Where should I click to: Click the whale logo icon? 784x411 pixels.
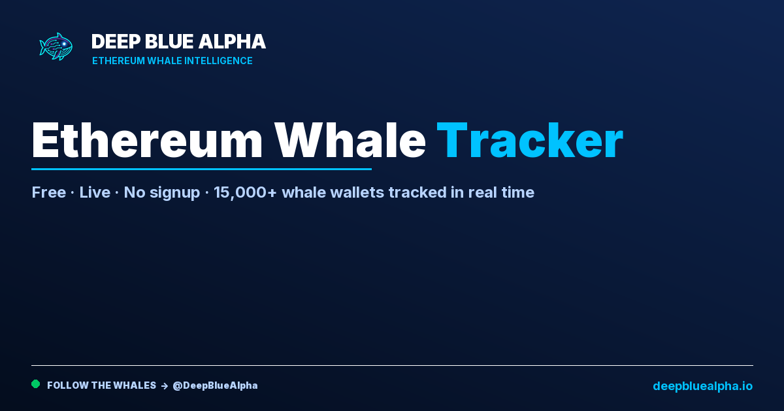tap(56, 46)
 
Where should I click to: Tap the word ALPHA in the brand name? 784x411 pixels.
tap(232, 41)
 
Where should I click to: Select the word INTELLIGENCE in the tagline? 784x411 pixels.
tap(218, 61)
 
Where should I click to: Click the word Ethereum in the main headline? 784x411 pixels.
tap(147, 140)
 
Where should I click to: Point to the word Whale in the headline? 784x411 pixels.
tap(350, 140)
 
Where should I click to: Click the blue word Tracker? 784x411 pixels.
tap(530, 140)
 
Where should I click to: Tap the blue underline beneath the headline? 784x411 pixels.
tap(202, 169)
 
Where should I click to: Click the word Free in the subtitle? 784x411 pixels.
tap(49, 192)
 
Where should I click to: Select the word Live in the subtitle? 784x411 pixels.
tap(95, 192)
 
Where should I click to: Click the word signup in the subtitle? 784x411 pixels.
tap(174, 193)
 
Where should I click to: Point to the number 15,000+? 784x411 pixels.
tap(245, 192)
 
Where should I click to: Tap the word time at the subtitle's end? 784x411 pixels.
tap(518, 192)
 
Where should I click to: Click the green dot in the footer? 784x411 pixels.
tap(36, 384)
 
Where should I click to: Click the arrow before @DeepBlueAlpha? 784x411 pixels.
tap(165, 386)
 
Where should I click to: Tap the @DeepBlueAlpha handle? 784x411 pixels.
tap(215, 385)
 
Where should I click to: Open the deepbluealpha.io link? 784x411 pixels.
tap(703, 385)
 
